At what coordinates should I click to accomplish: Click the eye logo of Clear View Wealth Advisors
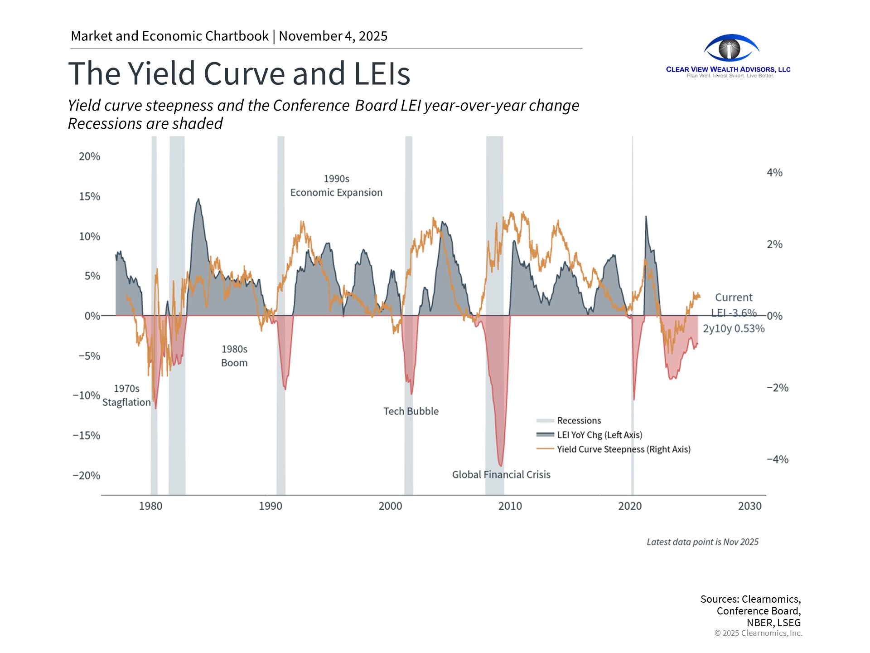tap(730, 48)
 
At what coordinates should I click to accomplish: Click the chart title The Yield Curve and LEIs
tap(239, 73)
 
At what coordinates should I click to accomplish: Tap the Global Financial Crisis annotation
tap(501, 474)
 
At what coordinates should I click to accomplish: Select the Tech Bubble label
tap(411, 411)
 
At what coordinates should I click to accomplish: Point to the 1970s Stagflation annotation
tap(126, 395)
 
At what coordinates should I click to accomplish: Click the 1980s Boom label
tap(234, 356)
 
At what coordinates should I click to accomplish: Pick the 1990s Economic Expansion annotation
tap(336, 185)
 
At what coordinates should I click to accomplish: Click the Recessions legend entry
tap(579, 420)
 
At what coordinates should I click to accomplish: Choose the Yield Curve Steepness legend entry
tap(623, 449)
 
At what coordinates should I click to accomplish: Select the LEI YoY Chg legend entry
tap(599, 435)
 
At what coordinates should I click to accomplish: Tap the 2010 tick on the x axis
tap(510, 506)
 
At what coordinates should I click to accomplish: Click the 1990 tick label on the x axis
tap(271, 506)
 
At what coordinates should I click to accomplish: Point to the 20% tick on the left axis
tap(90, 156)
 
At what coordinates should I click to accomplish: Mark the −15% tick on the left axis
tap(87, 435)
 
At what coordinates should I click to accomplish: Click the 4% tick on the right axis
tap(774, 172)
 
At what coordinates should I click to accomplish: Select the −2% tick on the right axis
tap(777, 388)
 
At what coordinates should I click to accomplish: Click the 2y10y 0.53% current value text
tap(734, 328)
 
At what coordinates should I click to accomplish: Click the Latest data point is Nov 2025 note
tap(702, 542)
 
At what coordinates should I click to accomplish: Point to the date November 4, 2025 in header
tap(333, 36)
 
